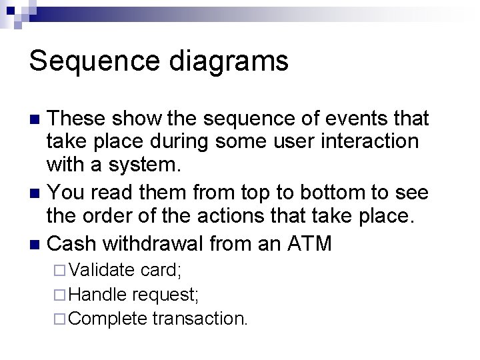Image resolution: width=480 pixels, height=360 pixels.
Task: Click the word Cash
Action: tap(74, 243)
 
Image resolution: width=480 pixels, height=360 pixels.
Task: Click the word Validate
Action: tap(101, 271)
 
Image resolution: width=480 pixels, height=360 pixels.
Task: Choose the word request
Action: tap(166, 295)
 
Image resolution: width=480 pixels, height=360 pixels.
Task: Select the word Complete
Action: tap(107, 319)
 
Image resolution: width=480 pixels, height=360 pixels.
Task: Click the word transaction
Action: tap(200, 318)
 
